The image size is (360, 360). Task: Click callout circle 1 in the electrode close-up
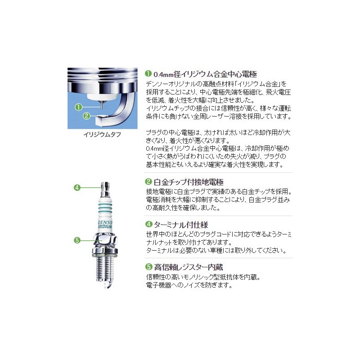tap(78, 107)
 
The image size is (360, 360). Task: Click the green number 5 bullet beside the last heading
tap(148, 266)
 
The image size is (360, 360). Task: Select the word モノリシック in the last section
tap(201, 276)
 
